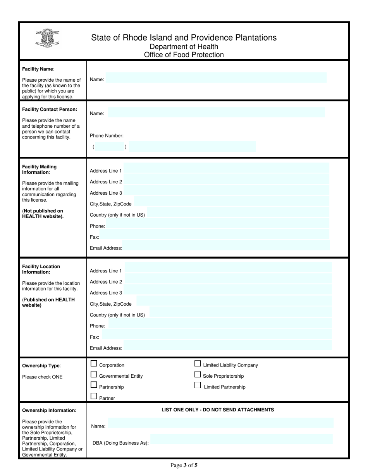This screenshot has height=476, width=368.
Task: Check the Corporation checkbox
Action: pos(94,363)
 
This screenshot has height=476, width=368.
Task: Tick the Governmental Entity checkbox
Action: pos(94,374)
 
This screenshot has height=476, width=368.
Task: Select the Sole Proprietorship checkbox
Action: pos(198,374)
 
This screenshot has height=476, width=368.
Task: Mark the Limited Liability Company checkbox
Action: pos(198,363)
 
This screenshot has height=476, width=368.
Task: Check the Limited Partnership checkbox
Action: pos(198,385)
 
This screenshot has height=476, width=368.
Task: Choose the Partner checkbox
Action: pos(94,396)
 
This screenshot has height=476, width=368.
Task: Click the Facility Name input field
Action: pos(216,78)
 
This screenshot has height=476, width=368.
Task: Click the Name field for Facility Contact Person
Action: pos(216,113)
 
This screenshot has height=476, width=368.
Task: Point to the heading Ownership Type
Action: pos(41,365)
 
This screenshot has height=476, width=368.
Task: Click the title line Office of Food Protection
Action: pos(184,55)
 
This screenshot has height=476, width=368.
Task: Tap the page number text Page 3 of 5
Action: pos(184,465)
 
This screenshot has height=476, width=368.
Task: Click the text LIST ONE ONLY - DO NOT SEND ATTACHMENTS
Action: pos(217,410)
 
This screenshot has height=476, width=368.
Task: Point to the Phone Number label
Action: pos(107,136)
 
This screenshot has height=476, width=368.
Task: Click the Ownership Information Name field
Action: pos(220,423)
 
